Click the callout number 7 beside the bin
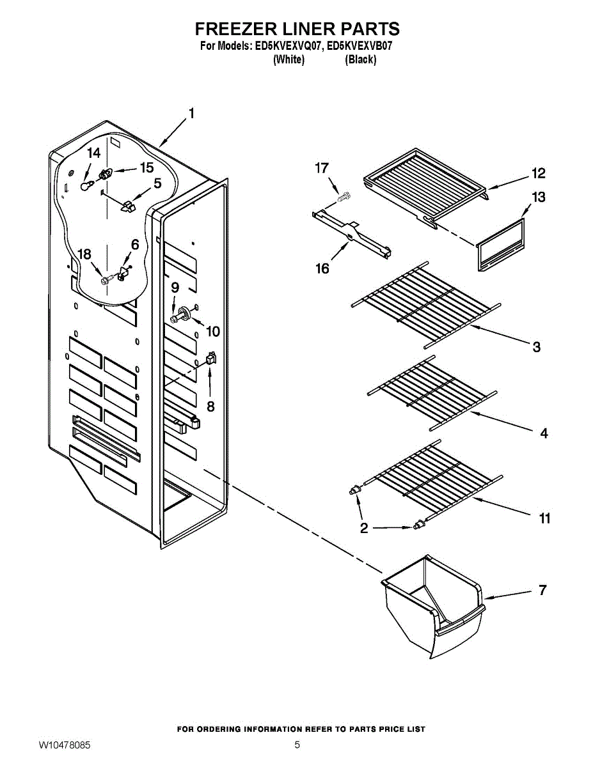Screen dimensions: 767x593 [542, 590]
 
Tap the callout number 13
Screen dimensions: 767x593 [539, 197]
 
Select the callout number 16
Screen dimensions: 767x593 [322, 268]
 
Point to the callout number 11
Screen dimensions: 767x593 [544, 518]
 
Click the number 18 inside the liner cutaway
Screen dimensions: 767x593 [84, 254]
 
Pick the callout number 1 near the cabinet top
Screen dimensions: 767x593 [191, 114]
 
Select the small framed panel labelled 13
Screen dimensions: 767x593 [501, 245]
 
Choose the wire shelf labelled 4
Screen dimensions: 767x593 [431, 398]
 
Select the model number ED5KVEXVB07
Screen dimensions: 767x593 [360, 46]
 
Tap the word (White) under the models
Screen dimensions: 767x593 [289, 59]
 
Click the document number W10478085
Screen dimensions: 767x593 [65, 745]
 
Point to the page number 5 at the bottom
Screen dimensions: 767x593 [297, 745]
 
